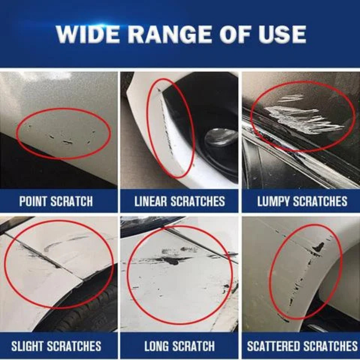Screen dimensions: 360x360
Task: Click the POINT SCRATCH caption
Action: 56,201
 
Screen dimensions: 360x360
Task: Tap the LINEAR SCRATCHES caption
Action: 180,201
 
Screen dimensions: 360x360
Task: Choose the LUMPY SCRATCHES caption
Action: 302,201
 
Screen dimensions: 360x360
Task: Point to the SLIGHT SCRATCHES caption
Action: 56,346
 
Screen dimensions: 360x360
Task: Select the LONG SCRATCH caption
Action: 180,346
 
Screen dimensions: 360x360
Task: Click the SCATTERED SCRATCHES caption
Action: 302,346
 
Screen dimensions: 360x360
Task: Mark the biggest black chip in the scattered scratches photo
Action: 319,247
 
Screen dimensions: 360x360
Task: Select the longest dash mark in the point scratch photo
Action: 68,142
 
